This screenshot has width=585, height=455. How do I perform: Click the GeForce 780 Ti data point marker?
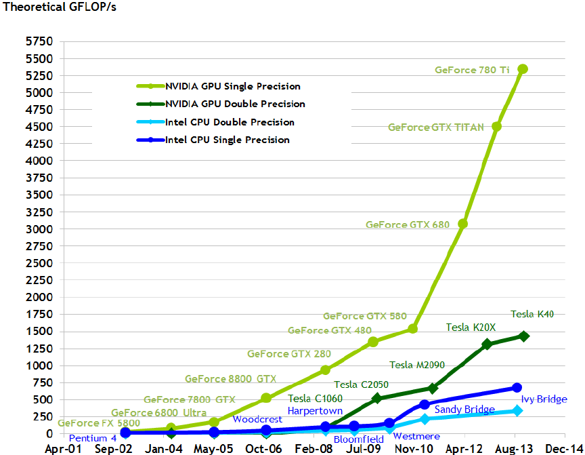point(523,69)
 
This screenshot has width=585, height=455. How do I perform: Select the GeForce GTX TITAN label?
point(435,127)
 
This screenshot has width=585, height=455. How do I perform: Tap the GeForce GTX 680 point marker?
point(463,223)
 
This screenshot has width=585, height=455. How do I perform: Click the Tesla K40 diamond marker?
point(524,336)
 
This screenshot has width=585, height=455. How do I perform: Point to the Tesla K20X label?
point(471,328)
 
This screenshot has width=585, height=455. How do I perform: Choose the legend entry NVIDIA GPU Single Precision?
point(232,86)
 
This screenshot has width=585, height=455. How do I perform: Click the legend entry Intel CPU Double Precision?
point(230,123)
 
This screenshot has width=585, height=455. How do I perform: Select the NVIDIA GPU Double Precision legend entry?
point(235,104)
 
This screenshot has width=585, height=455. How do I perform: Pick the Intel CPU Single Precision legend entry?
point(227,140)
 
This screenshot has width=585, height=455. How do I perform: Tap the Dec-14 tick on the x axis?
point(560,448)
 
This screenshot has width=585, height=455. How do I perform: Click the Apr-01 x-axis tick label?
point(64,448)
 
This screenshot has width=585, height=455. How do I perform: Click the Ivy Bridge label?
point(544,399)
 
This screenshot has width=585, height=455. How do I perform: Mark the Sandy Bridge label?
point(464,410)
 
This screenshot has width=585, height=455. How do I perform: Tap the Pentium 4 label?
point(93,438)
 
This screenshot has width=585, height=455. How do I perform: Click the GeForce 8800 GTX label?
point(230,379)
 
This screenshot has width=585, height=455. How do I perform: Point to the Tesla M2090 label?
point(417,365)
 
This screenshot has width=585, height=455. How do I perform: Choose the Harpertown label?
point(315,411)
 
